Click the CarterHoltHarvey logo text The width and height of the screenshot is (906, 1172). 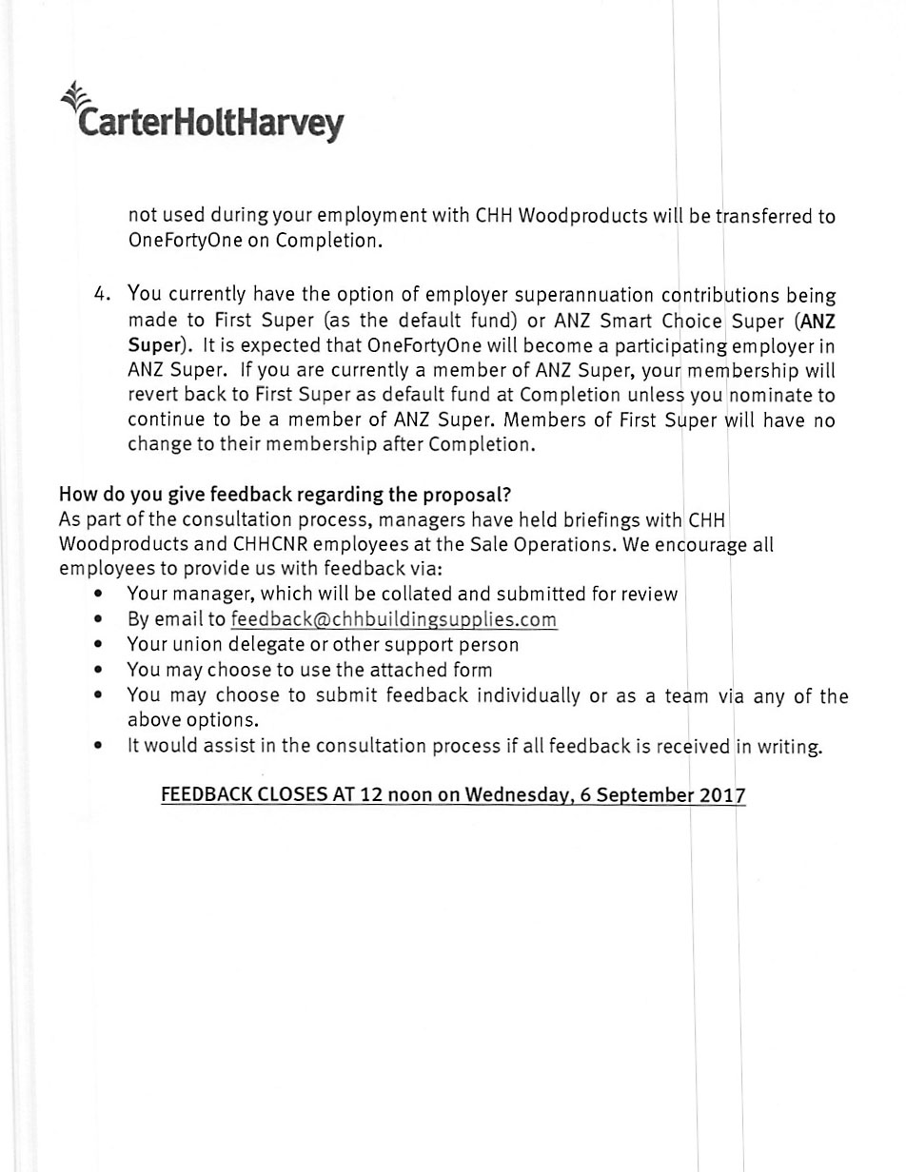pyautogui.click(x=209, y=124)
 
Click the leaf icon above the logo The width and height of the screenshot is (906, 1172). pyautogui.click(x=72, y=95)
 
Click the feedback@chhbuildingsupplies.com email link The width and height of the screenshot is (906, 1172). pyautogui.click(x=393, y=619)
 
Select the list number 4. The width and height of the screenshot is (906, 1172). pyautogui.click(x=103, y=294)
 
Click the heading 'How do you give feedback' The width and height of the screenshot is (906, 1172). pyautogui.click(x=286, y=495)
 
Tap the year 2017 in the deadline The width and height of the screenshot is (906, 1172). pyautogui.click(x=722, y=795)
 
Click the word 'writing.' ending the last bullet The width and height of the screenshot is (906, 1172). pyautogui.click(x=790, y=747)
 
